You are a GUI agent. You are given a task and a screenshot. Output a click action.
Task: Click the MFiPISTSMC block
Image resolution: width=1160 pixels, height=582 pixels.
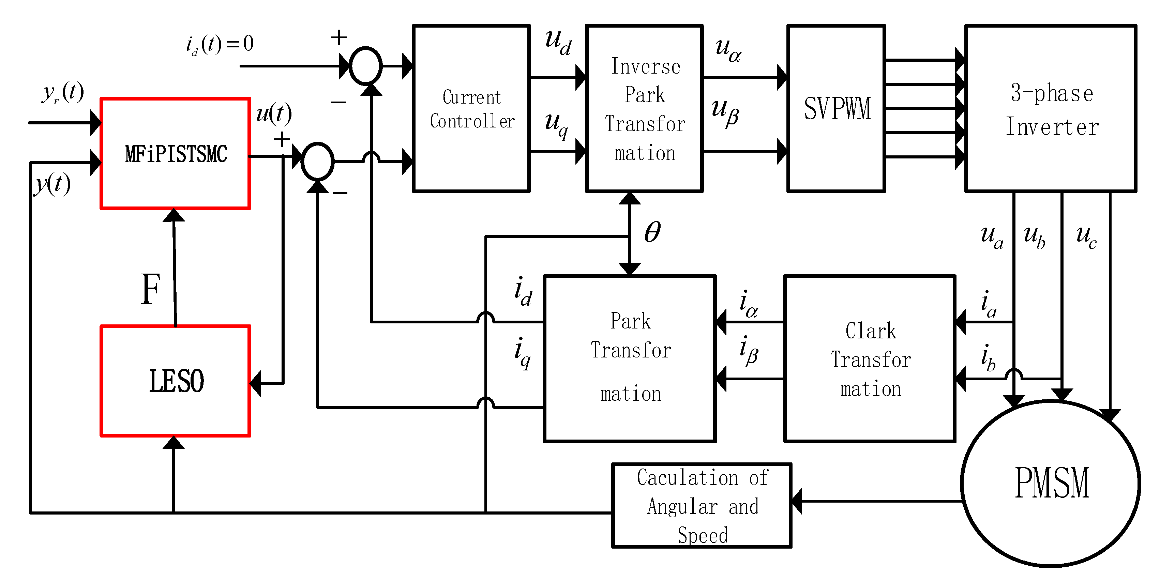coord(175,153)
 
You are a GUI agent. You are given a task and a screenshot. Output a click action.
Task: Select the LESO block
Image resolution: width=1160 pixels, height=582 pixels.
coord(175,381)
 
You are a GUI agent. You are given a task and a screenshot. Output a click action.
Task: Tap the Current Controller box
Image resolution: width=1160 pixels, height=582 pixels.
coord(471,108)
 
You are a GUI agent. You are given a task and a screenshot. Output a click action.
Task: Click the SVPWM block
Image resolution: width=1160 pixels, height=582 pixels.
coord(836,108)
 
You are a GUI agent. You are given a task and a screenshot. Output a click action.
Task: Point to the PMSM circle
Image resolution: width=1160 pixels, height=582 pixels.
coord(1051,483)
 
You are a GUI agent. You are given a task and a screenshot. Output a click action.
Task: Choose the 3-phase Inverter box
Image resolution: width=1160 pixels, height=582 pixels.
coord(1051,108)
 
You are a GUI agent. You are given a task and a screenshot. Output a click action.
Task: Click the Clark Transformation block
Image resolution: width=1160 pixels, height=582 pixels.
coord(870,359)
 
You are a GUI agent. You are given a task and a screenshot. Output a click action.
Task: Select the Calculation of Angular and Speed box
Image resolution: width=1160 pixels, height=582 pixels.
coord(702,505)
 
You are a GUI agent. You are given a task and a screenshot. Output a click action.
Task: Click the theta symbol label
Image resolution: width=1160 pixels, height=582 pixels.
coord(652,232)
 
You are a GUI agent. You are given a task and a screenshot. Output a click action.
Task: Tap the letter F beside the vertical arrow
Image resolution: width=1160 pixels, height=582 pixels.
coord(150,289)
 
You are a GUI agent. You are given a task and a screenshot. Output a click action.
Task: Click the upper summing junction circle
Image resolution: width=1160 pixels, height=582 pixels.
coord(366,66)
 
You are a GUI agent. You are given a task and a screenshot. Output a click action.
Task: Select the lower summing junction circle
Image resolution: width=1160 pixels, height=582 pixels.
coord(317,162)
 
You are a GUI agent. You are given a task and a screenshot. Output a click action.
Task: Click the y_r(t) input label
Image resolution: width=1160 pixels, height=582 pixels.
coord(63,92)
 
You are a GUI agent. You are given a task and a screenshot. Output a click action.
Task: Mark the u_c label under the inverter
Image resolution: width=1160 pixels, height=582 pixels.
coord(1086,236)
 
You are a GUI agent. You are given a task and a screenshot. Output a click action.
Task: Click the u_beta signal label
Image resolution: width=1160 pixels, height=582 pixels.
coord(725,112)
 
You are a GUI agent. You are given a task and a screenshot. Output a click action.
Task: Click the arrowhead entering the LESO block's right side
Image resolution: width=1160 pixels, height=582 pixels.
coord(255,383)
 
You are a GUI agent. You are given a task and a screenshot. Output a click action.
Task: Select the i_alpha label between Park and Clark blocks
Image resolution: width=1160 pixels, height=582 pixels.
coord(749,304)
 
